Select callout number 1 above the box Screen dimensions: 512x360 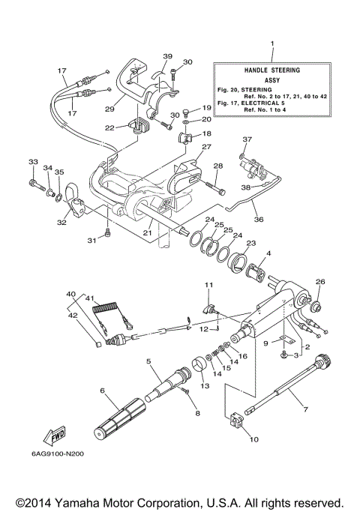pos(272,44)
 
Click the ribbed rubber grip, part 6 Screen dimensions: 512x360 pos(120,417)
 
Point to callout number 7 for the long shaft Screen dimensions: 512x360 pos(306,409)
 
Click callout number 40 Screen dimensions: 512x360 pos(70,294)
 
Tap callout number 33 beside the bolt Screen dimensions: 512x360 pos(31,162)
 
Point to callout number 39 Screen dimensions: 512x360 pos(167,56)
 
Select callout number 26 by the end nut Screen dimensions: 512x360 pos(321,282)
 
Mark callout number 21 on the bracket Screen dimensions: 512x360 pos(147,232)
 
